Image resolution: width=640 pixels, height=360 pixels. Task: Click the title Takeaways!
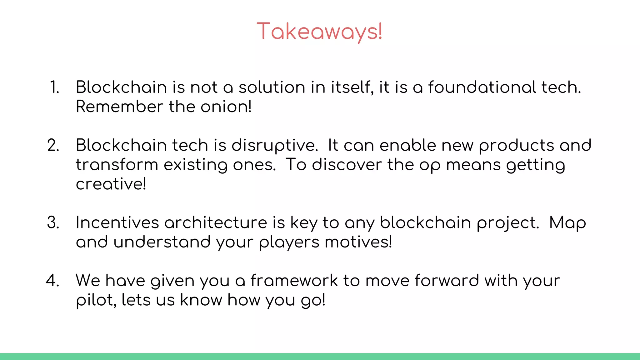[x=319, y=32]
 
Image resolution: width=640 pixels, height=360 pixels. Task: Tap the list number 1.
[x=54, y=87]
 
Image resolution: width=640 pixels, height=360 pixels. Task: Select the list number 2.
[x=53, y=145]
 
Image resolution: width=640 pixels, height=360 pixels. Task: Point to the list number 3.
[x=53, y=223]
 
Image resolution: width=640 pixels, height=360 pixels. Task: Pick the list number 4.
[x=53, y=280]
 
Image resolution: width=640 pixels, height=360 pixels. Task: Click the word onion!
[x=226, y=107]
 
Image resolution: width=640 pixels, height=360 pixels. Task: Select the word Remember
[x=120, y=107]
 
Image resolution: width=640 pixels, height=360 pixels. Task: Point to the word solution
[x=272, y=87]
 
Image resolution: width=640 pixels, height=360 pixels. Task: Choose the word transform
[x=117, y=165]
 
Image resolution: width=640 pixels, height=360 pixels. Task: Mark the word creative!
[x=111, y=184]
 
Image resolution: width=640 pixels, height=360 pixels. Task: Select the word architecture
[x=216, y=223]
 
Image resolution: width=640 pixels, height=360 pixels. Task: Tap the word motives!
[x=358, y=242]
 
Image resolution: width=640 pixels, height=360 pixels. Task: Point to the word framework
[x=294, y=280]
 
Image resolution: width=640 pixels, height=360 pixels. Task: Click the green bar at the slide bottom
[x=320, y=357]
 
